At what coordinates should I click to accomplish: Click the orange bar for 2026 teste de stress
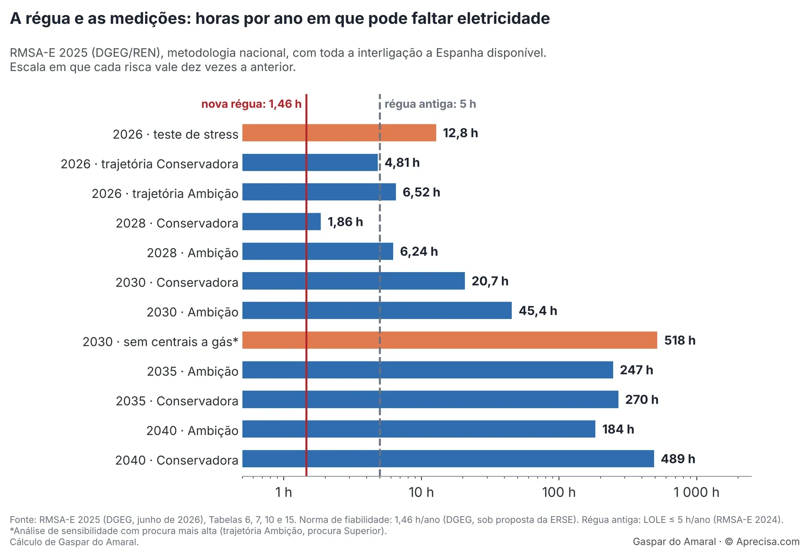pos(339,133)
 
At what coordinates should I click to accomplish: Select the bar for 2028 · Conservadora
pos(281,222)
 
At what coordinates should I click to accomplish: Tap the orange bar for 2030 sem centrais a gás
pos(450,340)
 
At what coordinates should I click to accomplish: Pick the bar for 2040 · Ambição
pos(419,429)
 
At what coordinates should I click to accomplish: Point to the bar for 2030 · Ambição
pos(377,311)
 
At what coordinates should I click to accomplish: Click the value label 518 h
pos(680,340)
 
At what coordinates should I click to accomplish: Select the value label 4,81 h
pos(402,163)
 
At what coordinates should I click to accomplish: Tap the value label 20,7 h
pos(490,281)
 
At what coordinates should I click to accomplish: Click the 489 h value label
pos(678,459)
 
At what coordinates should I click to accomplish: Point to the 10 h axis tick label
pos(421,492)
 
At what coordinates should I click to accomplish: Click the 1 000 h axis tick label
pos(696,492)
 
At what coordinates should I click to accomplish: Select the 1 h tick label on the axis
pos(284,492)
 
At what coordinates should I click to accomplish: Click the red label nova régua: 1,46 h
pos(251,104)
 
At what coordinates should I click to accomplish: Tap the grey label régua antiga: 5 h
pos(430,104)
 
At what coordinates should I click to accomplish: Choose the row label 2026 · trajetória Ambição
pos(165,193)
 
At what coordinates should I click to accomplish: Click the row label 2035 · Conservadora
pos(177,401)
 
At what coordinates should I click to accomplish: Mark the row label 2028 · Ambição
pos(193,253)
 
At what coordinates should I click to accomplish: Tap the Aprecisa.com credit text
pos(768,542)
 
